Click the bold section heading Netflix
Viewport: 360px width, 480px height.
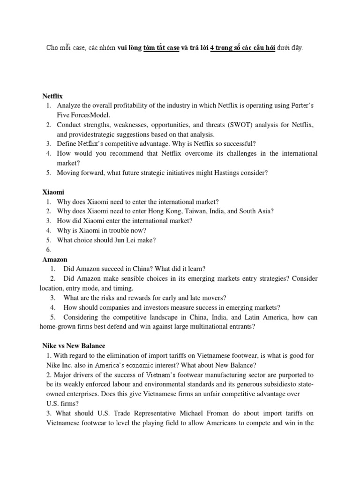tap(52, 96)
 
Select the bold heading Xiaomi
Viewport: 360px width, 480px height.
tap(53, 192)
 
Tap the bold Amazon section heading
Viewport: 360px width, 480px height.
tap(55, 259)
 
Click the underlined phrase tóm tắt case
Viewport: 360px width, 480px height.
tap(161, 48)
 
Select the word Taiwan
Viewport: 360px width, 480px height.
tap(184, 211)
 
